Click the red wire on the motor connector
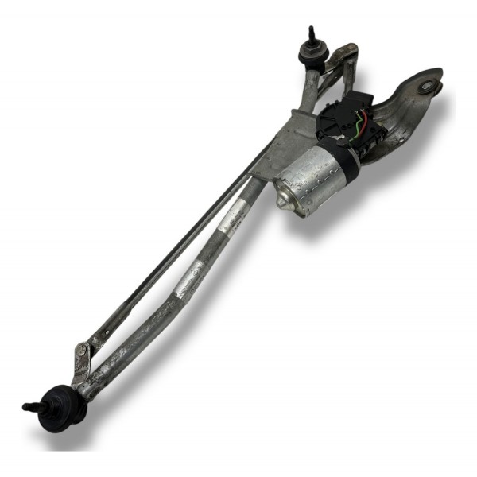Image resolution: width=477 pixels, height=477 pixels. (363, 124)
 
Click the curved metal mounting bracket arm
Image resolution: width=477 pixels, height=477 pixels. (405, 107)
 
